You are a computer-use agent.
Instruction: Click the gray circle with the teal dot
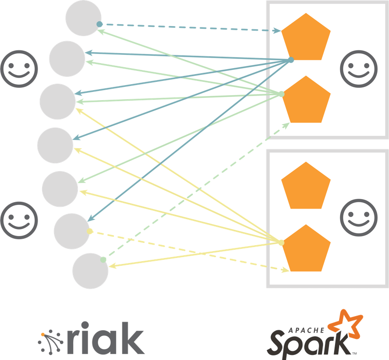83,18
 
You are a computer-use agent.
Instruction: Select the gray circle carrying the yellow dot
71,231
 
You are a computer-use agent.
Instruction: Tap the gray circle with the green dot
90,271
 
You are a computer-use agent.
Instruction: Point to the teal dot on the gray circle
99,24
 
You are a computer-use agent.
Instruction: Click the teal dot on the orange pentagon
291,60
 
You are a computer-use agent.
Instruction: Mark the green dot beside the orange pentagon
281,94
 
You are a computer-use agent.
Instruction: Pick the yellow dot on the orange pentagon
281,242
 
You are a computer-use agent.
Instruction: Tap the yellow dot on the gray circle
90,231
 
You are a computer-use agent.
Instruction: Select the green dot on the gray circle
103,259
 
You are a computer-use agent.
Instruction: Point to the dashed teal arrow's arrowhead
278,31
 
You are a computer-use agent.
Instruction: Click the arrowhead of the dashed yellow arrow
286,270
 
